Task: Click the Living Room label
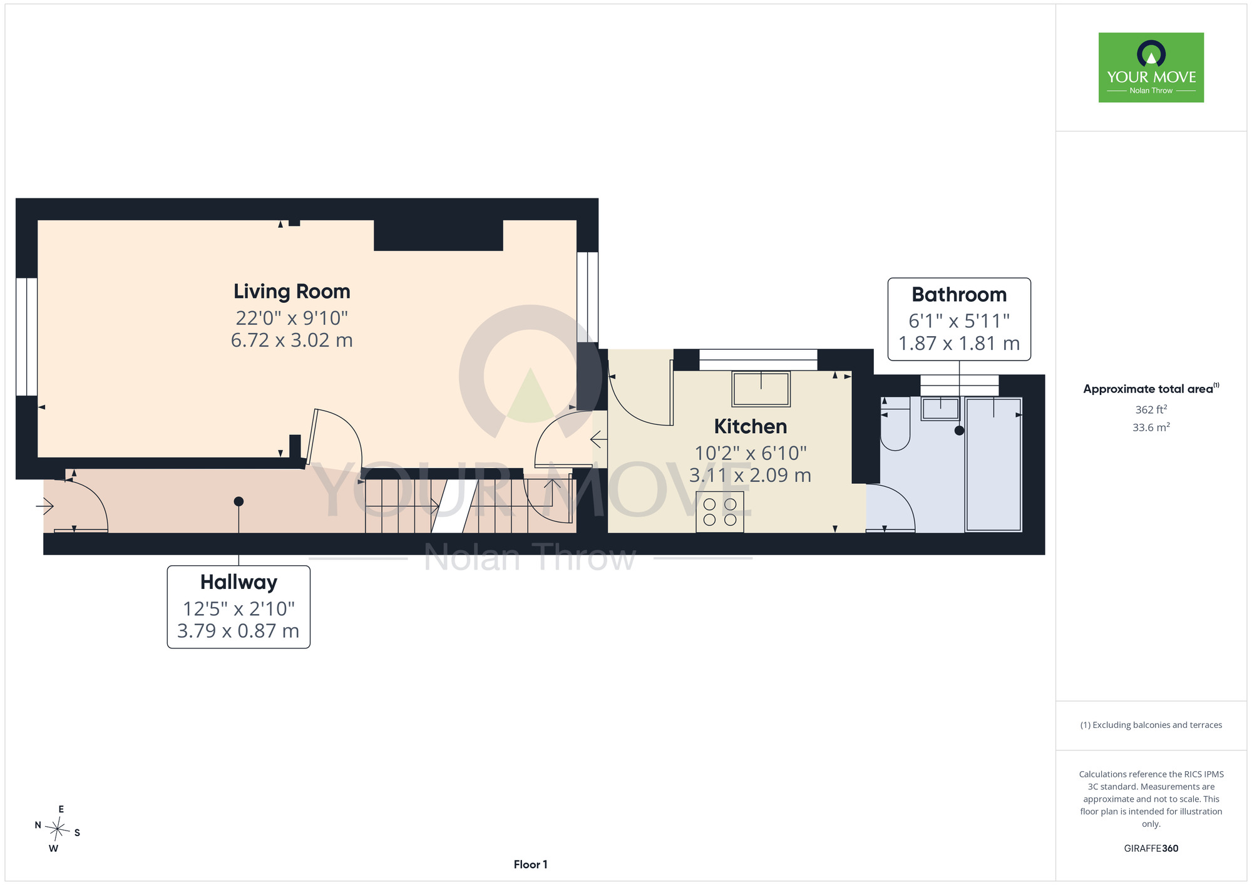click(x=292, y=292)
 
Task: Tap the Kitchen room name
click(x=750, y=426)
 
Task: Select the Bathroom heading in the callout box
click(x=959, y=294)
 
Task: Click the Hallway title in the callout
click(x=239, y=582)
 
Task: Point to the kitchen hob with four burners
click(x=720, y=512)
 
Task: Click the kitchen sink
click(x=761, y=389)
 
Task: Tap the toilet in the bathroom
click(x=895, y=423)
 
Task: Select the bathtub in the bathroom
click(x=993, y=464)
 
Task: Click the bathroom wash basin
click(x=940, y=409)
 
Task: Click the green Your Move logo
click(x=1151, y=68)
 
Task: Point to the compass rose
click(x=58, y=829)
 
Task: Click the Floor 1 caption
click(x=530, y=864)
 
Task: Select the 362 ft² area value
click(x=1151, y=409)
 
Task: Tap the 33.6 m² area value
click(x=1151, y=427)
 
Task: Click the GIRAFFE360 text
click(x=1151, y=849)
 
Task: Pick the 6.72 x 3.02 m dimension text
click(x=292, y=340)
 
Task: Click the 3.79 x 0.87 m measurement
click(x=239, y=631)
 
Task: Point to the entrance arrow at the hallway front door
click(x=44, y=504)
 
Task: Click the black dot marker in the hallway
click(x=239, y=501)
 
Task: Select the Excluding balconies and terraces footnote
click(x=1151, y=725)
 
